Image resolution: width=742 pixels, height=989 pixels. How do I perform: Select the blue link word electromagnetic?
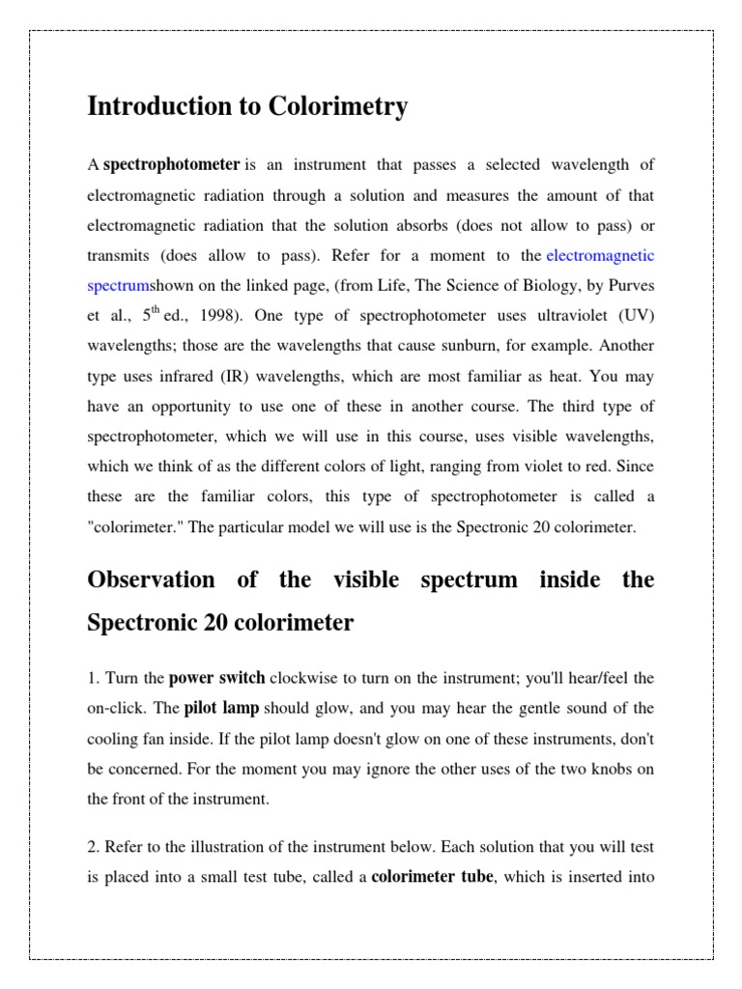[600, 256]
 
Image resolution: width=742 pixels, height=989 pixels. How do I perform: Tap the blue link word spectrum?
[118, 287]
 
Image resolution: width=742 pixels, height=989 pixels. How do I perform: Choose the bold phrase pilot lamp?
[221, 708]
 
